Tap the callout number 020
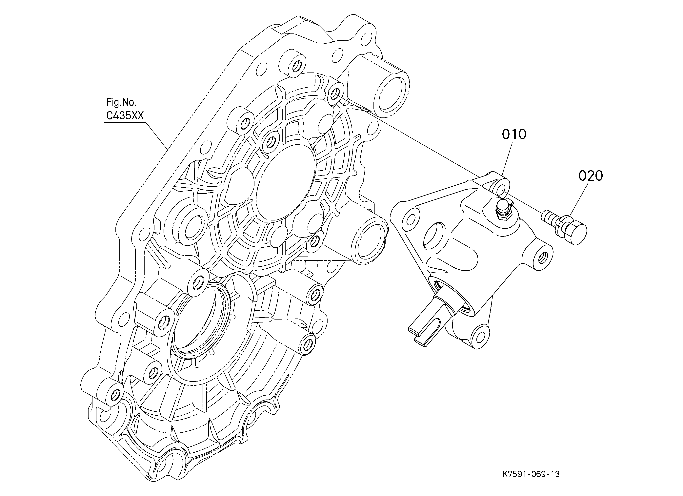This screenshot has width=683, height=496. [x=591, y=176]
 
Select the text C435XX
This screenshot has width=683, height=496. [x=125, y=116]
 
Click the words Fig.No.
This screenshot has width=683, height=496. [x=121, y=102]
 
